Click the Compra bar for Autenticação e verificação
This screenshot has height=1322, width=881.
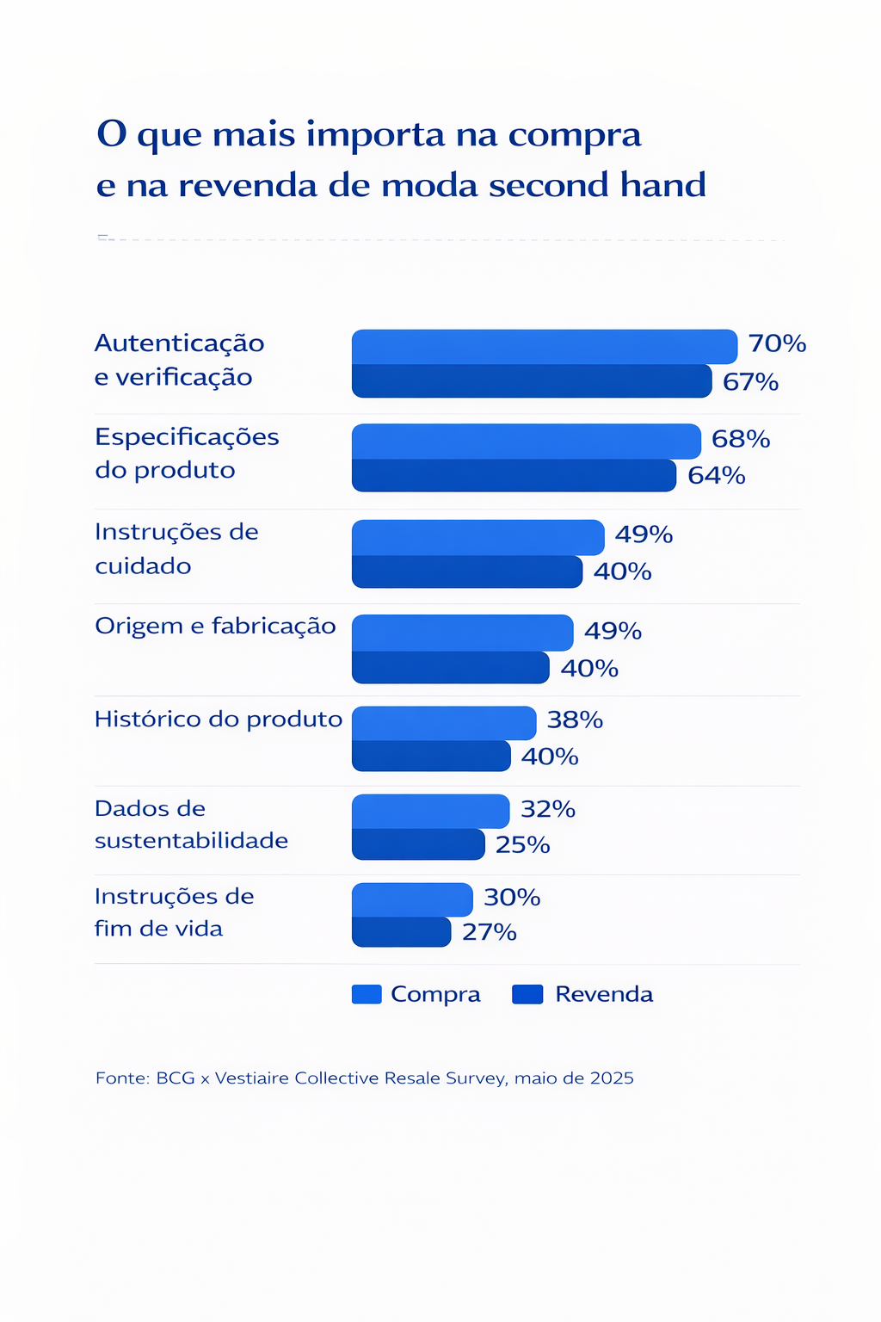(x=544, y=347)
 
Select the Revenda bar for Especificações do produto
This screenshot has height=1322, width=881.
(x=514, y=475)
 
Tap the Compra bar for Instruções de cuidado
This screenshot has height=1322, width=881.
(x=477, y=537)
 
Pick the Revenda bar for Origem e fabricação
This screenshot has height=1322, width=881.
(x=450, y=668)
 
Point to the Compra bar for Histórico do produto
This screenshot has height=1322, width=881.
(x=443, y=723)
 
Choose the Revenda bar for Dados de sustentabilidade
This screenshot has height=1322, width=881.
(x=418, y=844)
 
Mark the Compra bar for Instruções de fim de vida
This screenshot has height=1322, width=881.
(x=412, y=899)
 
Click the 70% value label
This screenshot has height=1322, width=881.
(x=777, y=344)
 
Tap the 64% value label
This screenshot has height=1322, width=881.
(x=716, y=475)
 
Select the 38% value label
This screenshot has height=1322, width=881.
(x=575, y=720)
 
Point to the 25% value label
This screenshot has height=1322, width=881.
(x=522, y=845)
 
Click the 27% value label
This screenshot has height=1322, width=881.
(x=489, y=932)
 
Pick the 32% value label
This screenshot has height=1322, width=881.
(x=547, y=809)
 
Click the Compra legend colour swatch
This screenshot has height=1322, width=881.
(x=367, y=995)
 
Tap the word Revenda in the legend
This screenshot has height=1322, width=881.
(x=604, y=995)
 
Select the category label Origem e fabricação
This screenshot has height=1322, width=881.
(x=215, y=626)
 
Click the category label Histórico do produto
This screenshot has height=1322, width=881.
(x=219, y=720)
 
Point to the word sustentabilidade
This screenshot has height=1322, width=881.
(x=191, y=841)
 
